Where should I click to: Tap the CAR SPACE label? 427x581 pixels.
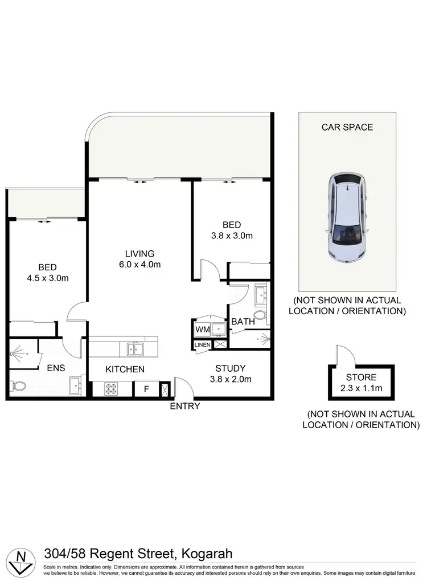347,127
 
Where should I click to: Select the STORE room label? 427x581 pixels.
361,377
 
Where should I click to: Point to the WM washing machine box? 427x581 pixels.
202,330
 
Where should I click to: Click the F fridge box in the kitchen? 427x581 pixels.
146,389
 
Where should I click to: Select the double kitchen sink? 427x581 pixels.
135,349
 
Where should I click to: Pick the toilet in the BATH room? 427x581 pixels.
260,315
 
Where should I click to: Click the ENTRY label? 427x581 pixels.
185,406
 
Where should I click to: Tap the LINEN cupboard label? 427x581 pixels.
202,345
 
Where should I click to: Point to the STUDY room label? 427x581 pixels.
231,368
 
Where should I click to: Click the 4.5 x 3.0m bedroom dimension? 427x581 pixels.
47,278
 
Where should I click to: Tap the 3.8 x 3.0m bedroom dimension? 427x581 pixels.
231,235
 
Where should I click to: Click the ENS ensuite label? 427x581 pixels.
55,368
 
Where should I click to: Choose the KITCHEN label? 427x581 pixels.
125,369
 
